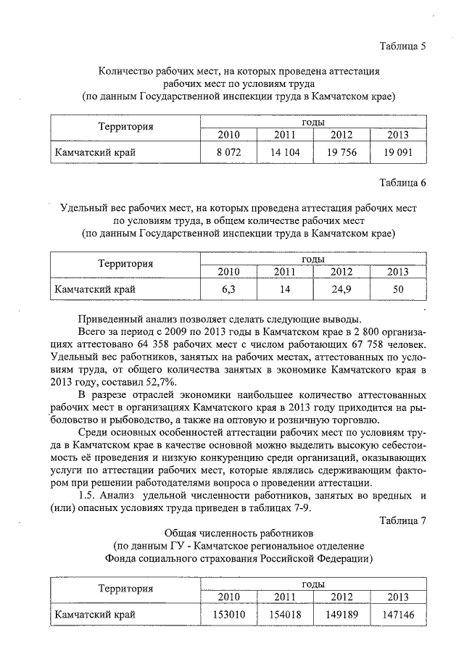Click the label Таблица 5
pos(402,46)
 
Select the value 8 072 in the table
pos(228,152)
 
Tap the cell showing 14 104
pos(285,152)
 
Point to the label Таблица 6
pos(402,183)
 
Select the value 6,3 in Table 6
pos(228,290)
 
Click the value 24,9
pos(341,290)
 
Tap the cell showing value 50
pos(397,290)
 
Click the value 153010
pos(228,615)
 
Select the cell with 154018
pos(285,615)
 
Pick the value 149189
pos(341,615)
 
